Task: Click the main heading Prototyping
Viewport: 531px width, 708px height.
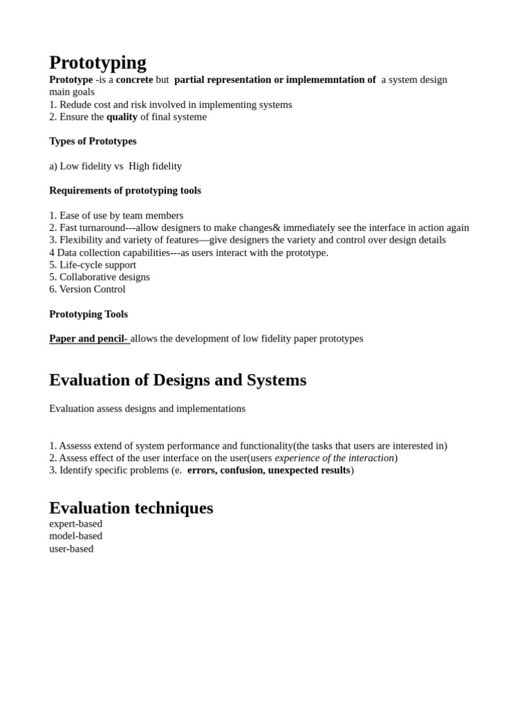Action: click(x=97, y=62)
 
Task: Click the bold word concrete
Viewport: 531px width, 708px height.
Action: click(x=134, y=80)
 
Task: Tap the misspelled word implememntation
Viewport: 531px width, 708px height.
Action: click(x=325, y=80)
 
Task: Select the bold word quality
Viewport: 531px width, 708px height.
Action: click(x=122, y=117)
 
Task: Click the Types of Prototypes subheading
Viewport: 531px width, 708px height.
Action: click(x=93, y=141)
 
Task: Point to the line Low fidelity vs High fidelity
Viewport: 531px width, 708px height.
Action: click(x=115, y=166)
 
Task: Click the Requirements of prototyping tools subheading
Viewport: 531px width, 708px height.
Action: click(x=125, y=190)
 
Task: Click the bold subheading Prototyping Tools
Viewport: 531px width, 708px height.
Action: click(x=88, y=314)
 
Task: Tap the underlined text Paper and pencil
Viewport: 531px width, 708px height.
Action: click(x=88, y=338)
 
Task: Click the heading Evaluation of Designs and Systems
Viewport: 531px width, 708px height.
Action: click(x=178, y=380)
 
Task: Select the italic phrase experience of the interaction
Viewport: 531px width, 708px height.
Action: click(x=334, y=458)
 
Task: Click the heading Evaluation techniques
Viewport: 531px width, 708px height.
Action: click(x=131, y=507)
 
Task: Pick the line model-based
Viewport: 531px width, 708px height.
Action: click(x=75, y=536)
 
